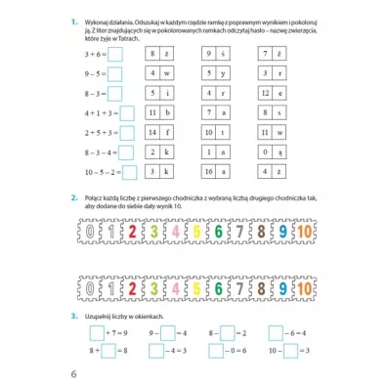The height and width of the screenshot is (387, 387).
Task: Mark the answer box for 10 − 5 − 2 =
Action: tap(128, 169)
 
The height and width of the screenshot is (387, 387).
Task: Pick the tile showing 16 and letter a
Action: tap(217, 169)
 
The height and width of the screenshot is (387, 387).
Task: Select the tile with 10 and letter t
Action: tap(217, 131)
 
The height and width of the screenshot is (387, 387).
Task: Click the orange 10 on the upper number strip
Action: tap(304, 235)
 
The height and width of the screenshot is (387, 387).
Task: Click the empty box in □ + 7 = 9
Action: tap(83, 332)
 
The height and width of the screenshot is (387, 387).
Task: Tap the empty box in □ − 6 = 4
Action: tap(275, 332)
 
